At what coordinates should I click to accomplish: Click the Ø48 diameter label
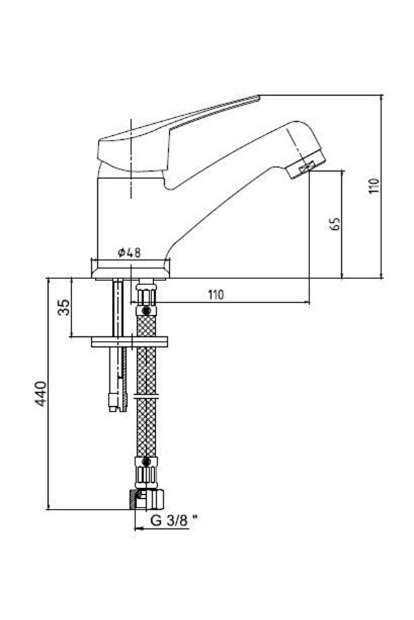click(x=129, y=252)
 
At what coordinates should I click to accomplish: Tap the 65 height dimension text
click(x=335, y=224)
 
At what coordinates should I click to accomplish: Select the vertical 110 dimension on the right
click(x=374, y=186)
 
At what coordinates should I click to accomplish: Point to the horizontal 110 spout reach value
click(x=216, y=294)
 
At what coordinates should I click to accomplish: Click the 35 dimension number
click(x=64, y=307)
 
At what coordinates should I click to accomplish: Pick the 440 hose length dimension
click(x=41, y=394)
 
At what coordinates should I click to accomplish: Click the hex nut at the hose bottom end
click(x=147, y=499)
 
